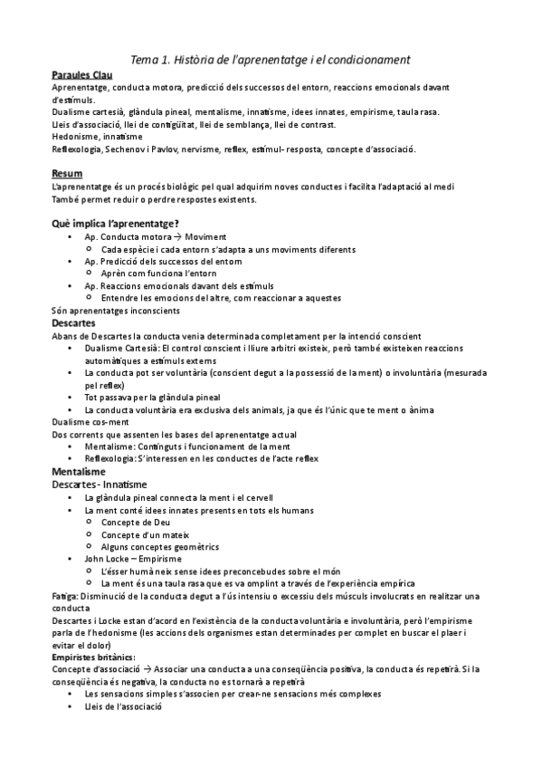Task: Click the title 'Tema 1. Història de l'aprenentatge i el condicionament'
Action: coord(271,60)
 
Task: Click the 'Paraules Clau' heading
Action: coord(82,74)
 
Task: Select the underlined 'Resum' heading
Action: coord(67,173)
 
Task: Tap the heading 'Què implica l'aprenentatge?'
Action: coord(116,224)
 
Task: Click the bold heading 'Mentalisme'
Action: coord(79,472)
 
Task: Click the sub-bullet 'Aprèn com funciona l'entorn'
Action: coord(161,274)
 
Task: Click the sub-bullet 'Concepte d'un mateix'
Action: coord(144,535)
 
